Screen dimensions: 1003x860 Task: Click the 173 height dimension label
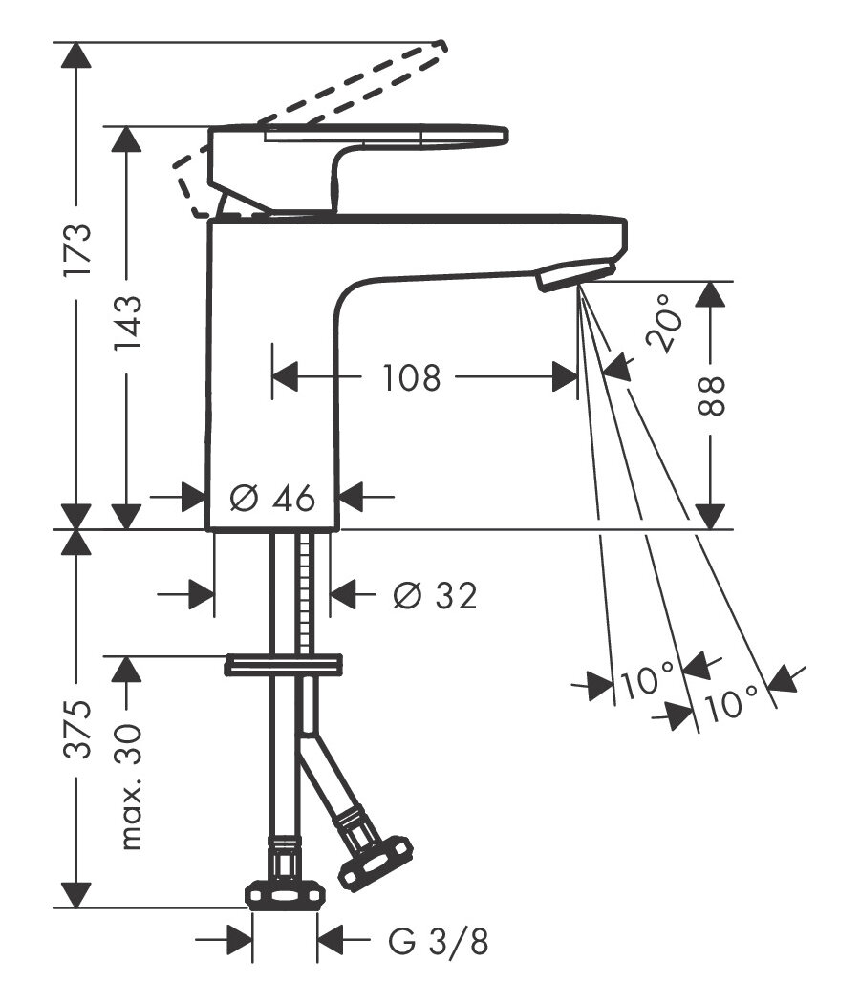pyautogui.click(x=76, y=249)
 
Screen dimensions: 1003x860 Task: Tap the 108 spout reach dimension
pyautogui.click(x=412, y=378)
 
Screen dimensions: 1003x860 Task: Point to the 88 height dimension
pyautogui.click(x=711, y=395)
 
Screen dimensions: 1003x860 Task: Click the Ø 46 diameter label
pyautogui.click(x=273, y=498)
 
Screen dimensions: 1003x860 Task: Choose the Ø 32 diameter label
pyautogui.click(x=435, y=596)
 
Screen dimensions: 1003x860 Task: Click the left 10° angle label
pyautogui.click(x=647, y=682)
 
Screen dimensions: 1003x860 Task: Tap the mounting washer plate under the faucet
pyautogui.click(x=283, y=664)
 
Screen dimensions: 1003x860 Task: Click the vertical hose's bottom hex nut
pyautogui.click(x=285, y=894)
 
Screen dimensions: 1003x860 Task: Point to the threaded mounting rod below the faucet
pyautogui.click(x=306, y=592)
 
